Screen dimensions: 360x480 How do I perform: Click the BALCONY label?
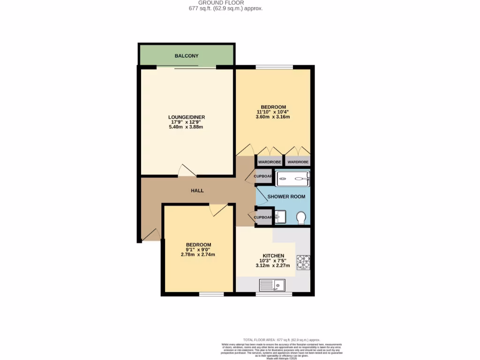pos(187,56)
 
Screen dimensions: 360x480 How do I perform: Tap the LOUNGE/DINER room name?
pos(187,117)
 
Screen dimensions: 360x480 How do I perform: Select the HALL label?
pos(197,191)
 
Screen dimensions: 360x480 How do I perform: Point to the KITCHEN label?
pos(274,256)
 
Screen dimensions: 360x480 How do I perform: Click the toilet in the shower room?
pos(301,217)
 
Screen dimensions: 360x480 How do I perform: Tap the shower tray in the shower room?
pos(293,178)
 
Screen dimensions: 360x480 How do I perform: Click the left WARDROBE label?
pos(270,162)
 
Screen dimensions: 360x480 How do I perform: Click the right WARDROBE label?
pos(298,162)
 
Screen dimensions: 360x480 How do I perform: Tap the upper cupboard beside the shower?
pos(263,177)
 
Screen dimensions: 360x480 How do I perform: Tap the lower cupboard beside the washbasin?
pos(263,217)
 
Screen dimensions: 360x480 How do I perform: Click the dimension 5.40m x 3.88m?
pos(187,127)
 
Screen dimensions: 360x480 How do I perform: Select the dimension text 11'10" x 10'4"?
pos(273,112)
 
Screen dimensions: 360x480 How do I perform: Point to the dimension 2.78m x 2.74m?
pos(198,255)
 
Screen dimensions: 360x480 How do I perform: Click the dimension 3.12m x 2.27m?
pos(274,265)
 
